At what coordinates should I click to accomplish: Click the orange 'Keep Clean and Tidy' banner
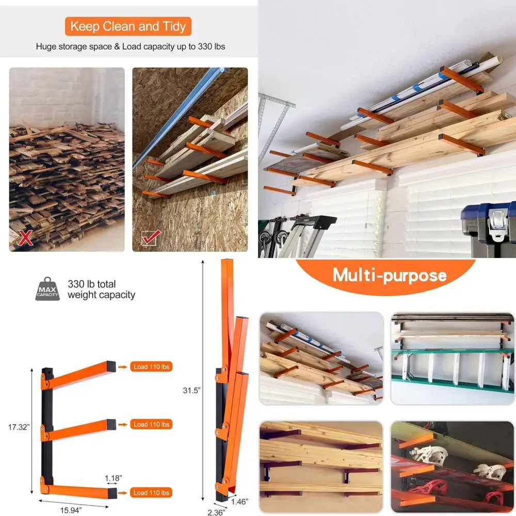click(x=128, y=26)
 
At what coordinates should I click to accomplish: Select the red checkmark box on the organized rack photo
click(x=151, y=238)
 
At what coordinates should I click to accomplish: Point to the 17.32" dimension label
click(x=19, y=427)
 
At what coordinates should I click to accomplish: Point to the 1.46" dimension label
click(x=239, y=501)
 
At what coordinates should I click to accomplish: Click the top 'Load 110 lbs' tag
click(x=151, y=367)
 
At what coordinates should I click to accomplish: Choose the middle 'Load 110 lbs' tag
click(x=151, y=424)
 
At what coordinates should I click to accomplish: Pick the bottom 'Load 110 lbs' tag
click(x=151, y=493)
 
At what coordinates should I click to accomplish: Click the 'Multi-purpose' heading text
click(x=389, y=275)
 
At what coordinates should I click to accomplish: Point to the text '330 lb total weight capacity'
click(x=101, y=289)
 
